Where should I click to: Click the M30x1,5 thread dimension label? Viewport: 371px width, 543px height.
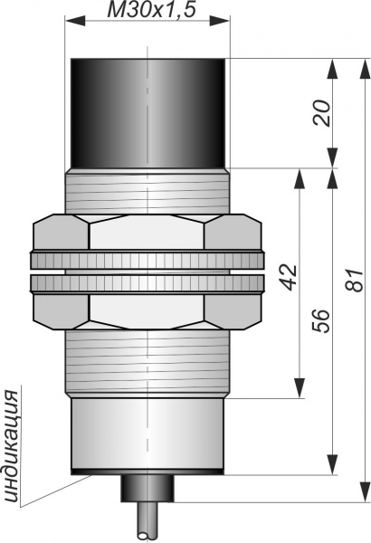[152, 9]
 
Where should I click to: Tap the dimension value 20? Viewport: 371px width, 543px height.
[321, 113]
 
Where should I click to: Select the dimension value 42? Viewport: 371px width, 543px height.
[289, 277]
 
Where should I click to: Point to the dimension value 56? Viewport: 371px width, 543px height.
[320, 321]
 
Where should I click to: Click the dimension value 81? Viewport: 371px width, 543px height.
[355, 281]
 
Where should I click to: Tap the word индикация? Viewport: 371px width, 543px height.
[13, 446]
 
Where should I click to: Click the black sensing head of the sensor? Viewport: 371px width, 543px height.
[147, 114]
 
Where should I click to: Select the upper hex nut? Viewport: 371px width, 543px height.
[147, 232]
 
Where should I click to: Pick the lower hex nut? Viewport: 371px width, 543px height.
[147, 311]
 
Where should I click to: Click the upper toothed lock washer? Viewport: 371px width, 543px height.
[147, 261]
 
